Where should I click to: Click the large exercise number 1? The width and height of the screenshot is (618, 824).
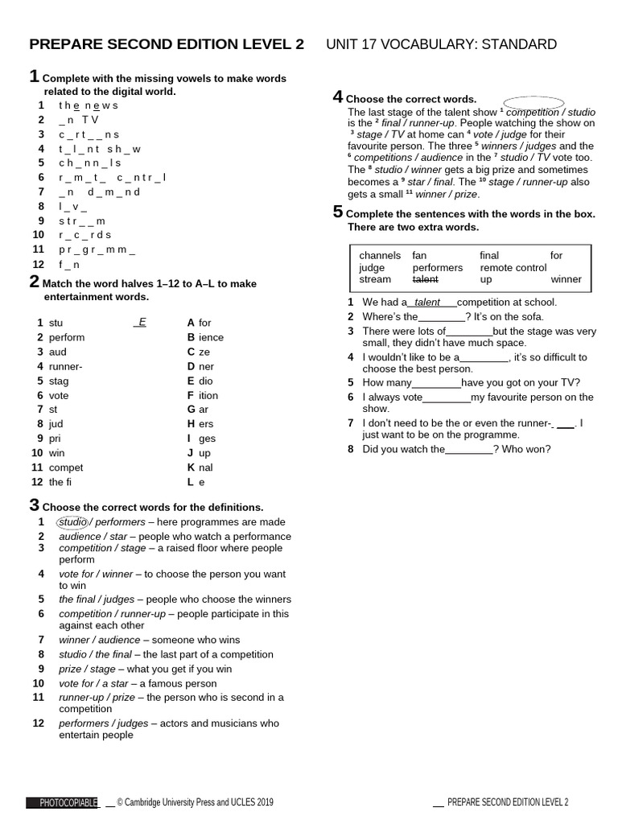[34, 76]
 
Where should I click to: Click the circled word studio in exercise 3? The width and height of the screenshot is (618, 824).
[72, 522]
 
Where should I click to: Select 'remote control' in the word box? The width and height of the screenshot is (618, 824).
[513, 267]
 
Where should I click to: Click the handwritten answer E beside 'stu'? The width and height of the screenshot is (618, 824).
[142, 322]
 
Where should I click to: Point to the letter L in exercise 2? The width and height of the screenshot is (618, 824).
[191, 482]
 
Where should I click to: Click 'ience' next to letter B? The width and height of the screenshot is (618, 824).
[211, 337]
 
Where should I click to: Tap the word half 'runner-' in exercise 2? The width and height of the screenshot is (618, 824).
[65, 366]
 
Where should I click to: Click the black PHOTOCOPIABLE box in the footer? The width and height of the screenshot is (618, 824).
[62, 802]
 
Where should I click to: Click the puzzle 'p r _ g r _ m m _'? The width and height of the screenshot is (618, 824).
[97, 249]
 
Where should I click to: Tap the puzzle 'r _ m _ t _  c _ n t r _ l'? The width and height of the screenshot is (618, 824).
[112, 177]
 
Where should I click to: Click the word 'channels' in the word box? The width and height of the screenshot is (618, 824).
[380, 255]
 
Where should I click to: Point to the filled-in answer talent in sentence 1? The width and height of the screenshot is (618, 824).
[427, 303]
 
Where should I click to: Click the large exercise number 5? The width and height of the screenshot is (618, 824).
[338, 212]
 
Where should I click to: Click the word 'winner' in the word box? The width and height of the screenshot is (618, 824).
[566, 279]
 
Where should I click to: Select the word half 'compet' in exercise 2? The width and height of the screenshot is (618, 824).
[66, 468]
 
